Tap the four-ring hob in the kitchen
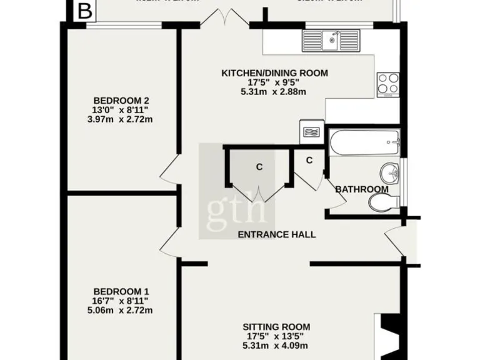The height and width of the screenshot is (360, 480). tap(387, 84)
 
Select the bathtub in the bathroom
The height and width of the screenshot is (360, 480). tap(364, 142)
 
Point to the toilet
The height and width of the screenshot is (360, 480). tap(383, 201)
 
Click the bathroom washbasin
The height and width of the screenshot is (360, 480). tap(389, 171)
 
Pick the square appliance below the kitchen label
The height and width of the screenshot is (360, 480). tap(311, 132)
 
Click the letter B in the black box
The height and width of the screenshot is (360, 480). tap(85, 11)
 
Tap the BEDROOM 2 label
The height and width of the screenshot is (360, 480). tap(121, 101)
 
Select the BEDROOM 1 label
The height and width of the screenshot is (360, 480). tap(121, 291)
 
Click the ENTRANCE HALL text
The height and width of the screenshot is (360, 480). tap(276, 235)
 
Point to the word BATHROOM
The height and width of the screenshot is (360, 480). tap(362, 189)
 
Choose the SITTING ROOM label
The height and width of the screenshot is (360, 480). tap(276, 327)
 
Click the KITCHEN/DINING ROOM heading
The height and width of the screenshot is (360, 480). tap(274, 73)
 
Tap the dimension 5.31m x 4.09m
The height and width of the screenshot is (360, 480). tap(276, 346)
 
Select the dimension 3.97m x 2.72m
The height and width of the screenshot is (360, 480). tap(121, 119)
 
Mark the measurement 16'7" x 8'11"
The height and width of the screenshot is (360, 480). tap(121, 301)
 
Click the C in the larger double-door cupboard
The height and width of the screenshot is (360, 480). tap(258, 167)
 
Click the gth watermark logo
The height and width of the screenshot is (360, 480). tap(237, 207)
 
